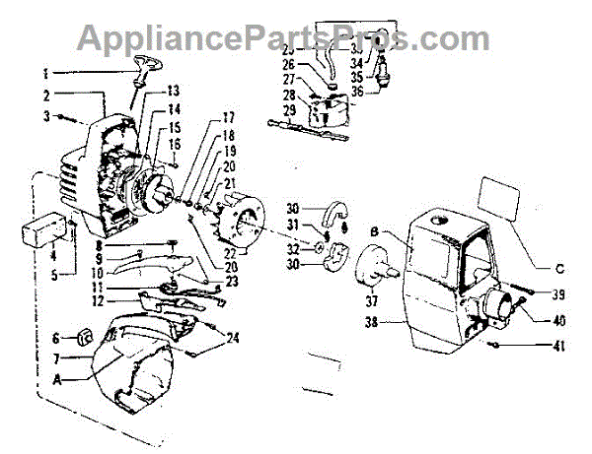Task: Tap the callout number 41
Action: click(x=561, y=346)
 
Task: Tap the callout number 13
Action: click(x=174, y=91)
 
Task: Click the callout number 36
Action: click(x=358, y=93)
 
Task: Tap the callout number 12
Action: click(x=99, y=300)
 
